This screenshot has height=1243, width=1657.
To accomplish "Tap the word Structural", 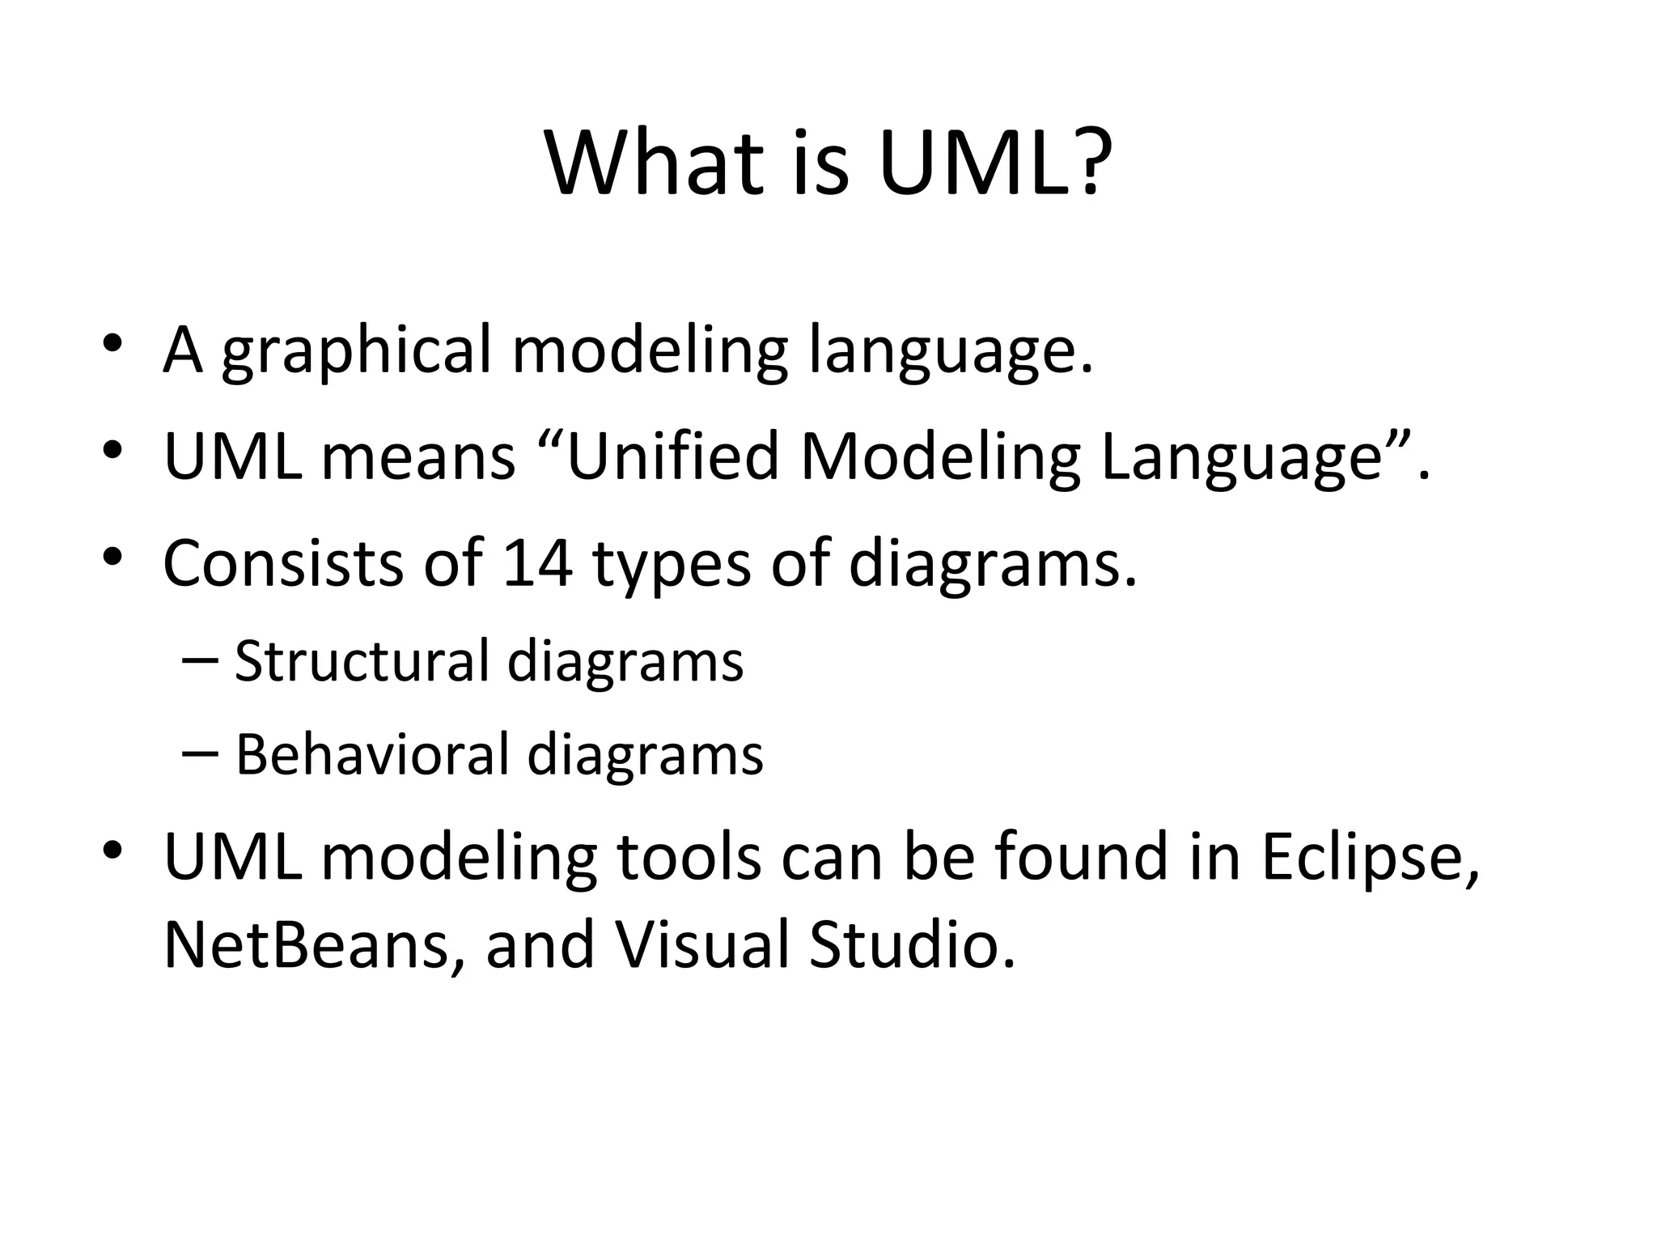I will tap(362, 661).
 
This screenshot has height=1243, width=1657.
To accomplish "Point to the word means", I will tap(418, 458).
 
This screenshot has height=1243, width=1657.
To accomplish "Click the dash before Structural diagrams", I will tap(201, 660).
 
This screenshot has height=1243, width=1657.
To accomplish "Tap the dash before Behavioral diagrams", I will tap(201, 753).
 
